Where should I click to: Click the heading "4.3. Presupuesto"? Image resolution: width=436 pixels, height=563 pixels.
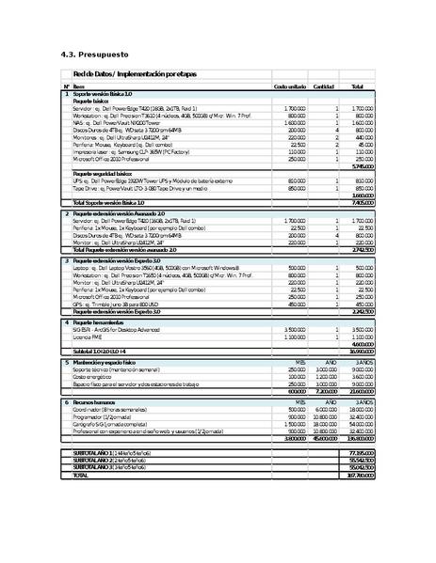pos(90,54)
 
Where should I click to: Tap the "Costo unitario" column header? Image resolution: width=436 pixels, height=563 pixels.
pos(289,86)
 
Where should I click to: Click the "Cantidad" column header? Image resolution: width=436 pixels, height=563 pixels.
pos(324,86)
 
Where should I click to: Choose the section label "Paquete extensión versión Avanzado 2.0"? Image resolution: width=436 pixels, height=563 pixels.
pos(119,214)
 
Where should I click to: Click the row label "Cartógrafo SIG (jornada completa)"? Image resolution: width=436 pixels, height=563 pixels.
pos(114,424)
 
